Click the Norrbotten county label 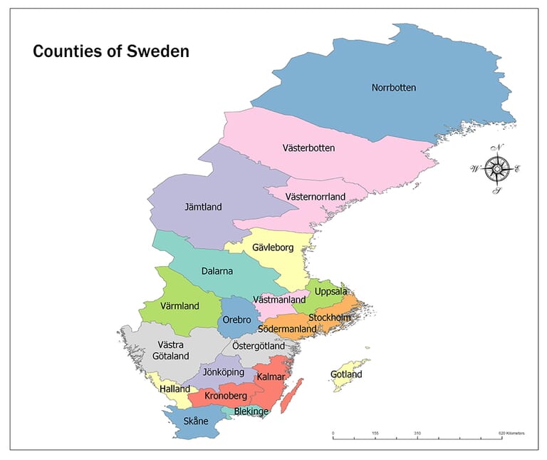pyautogui.click(x=393, y=88)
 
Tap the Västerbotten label pyautogui.click(x=308, y=148)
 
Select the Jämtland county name pyautogui.click(x=203, y=207)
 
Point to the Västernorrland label pyautogui.click(x=315, y=196)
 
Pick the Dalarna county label pyautogui.click(x=217, y=271)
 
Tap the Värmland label pyautogui.click(x=179, y=306)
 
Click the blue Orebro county pyautogui.click(x=236, y=320)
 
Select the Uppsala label pyautogui.click(x=331, y=291)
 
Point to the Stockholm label pyautogui.click(x=330, y=317)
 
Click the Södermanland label pyautogui.click(x=287, y=329)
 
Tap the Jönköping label pyautogui.click(x=224, y=372)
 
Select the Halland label pyautogui.click(x=174, y=389)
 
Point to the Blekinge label pyautogui.click(x=251, y=412)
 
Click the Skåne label pyautogui.click(x=196, y=421)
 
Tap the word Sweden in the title pyautogui.click(x=160, y=51)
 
